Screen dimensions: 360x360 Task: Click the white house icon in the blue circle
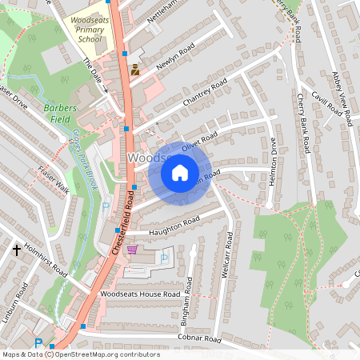(180, 172)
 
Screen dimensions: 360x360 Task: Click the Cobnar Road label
(199, 339)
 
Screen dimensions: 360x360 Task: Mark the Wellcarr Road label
(228, 255)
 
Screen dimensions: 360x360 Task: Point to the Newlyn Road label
(175, 57)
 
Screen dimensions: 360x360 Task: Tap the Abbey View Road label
(342, 94)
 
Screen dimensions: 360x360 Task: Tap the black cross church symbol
(16, 250)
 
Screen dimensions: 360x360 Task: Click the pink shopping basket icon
(132, 250)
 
